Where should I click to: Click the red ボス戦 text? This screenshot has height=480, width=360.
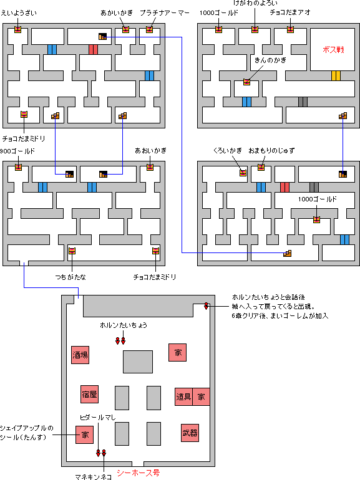334,49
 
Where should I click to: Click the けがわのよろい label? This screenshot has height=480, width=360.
256,4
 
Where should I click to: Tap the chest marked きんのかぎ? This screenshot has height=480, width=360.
247,82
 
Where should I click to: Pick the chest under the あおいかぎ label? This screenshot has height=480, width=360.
150,167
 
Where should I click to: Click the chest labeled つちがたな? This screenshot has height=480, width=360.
72,251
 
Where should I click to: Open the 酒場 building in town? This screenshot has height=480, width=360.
80,355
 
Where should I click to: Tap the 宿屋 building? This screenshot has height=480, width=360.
89,394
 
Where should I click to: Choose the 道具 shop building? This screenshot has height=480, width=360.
183,396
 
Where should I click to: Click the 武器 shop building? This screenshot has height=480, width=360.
190,433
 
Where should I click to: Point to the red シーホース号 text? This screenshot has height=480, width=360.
138,473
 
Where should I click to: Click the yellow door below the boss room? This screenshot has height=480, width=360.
336,76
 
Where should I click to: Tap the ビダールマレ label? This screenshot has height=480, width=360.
98,416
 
